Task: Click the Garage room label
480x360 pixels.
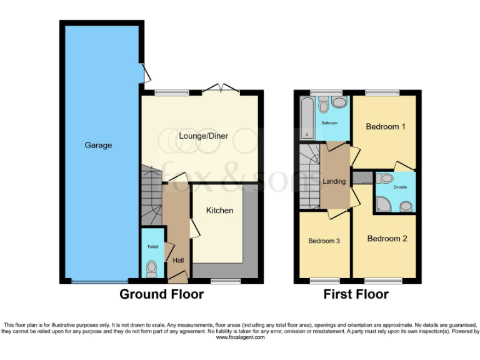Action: coord(98,145)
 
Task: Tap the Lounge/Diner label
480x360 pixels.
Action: coord(203,136)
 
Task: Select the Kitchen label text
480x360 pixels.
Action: coord(220,211)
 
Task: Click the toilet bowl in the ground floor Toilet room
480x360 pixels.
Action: coord(151,268)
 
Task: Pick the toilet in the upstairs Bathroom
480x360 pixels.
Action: coord(324,103)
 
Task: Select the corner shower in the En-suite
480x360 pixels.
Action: coord(382,204)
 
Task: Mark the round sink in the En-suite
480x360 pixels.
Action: coord(406,205)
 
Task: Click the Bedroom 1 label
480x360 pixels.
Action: coord(386,127)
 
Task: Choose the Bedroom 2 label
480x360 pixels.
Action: coord(387,239)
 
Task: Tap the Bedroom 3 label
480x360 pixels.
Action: coord(324,241)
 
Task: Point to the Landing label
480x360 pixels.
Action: coord(334,182)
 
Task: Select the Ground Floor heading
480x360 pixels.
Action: coord(161,294)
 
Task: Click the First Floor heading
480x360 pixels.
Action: coord(356,294)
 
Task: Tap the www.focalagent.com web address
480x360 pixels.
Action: coord(240,337)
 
